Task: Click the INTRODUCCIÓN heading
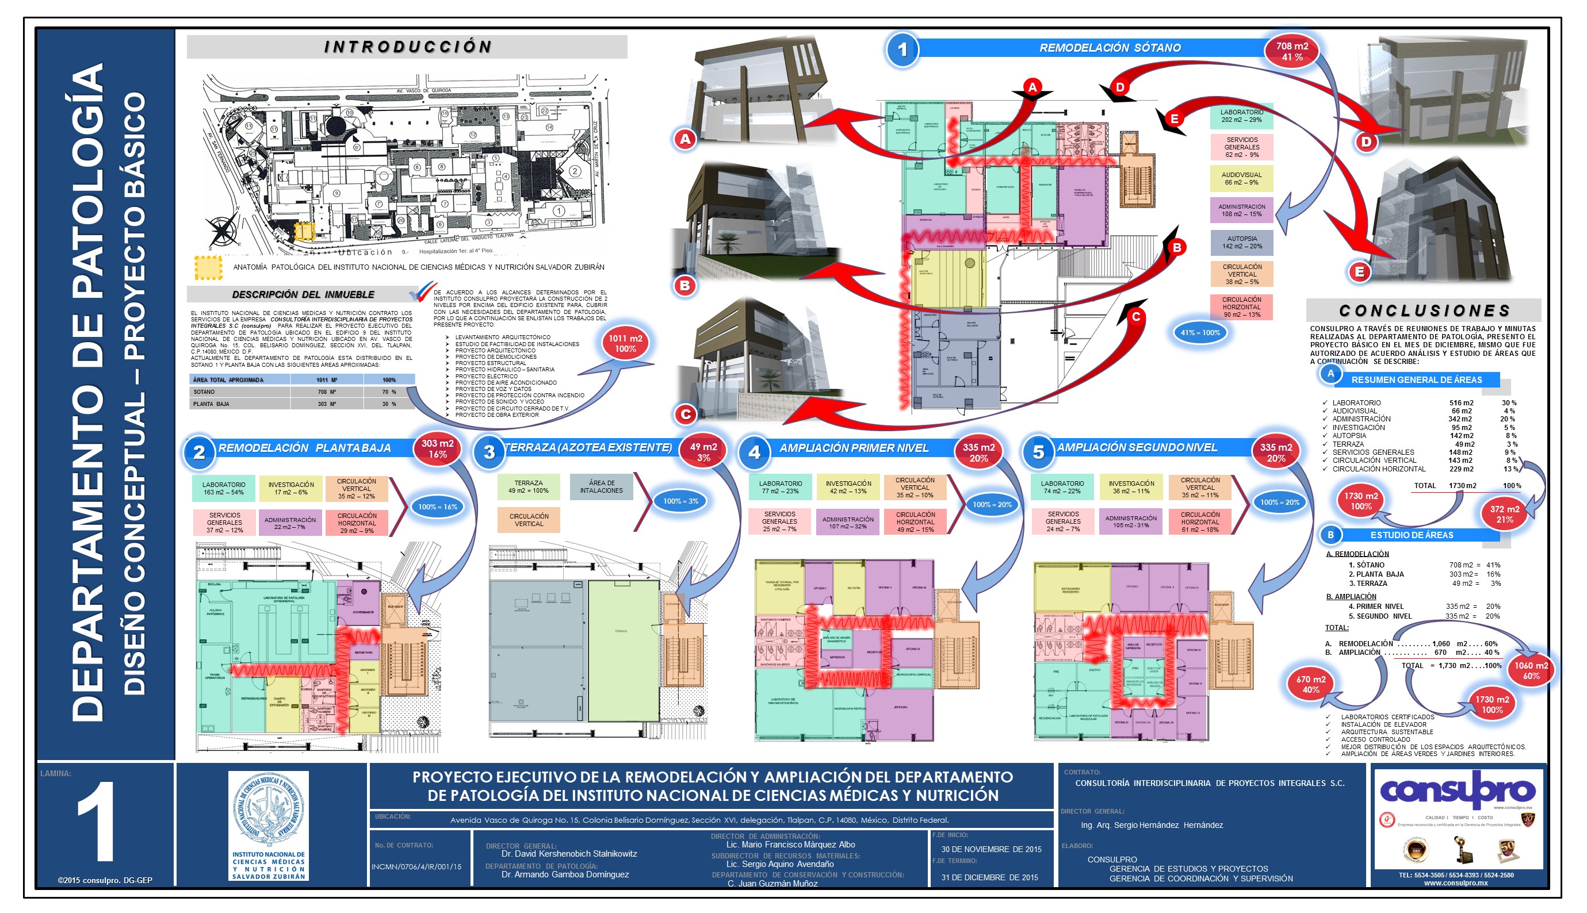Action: click(408, 47)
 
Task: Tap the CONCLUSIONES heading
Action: click(1424, 310)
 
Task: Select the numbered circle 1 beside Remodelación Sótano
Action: click(902, 49)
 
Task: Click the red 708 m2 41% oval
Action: click(1291, 51)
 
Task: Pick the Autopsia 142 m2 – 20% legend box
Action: click(1241, 243)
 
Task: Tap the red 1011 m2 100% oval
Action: click(625, 343)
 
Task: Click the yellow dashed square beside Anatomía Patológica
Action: click(208, 268)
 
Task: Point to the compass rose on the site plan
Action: click(221, 228)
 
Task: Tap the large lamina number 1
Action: click(97, 822)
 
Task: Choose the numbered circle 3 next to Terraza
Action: click(490, 452)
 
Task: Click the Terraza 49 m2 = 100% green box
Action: click(528, 486)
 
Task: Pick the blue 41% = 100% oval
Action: click(1199, 333)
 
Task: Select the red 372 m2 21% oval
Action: click(1504, 514)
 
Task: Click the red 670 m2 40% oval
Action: click(1310, 684)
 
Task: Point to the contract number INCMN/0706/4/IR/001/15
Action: click(416, 866)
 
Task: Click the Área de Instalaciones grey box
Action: click(601, 486)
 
